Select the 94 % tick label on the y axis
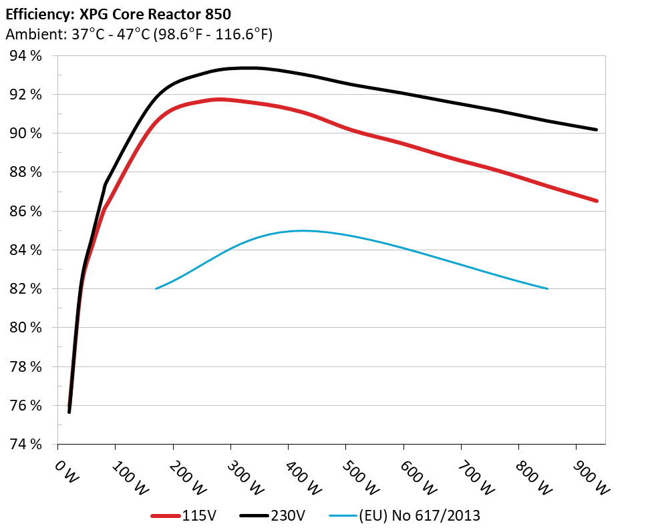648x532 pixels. pos(26,56)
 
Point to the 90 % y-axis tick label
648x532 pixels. pos(26,134)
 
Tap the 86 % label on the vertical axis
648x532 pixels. pos(26,211)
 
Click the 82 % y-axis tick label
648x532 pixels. pos(26,289)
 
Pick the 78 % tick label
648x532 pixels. pos(26,367)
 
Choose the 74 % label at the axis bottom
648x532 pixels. pos(26,445)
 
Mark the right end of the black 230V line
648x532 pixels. pos(596,129)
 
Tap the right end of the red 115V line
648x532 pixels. pos(596,200)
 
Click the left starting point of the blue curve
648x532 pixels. pos(156,288)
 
